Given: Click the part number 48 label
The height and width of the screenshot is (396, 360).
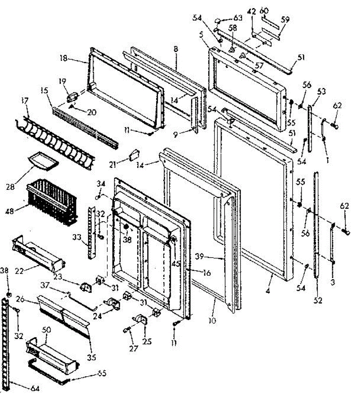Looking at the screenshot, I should click(10, 211).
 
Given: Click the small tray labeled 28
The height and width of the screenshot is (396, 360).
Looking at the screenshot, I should click(43, 161).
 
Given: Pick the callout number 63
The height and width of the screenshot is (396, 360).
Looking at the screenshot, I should click(238, 18).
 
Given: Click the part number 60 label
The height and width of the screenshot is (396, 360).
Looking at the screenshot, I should click(264, 11).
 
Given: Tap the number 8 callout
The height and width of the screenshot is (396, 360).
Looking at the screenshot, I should click(176, 49).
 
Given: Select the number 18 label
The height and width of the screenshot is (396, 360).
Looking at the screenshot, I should click(63, 58).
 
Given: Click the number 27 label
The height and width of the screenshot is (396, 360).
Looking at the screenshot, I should click(133, 348).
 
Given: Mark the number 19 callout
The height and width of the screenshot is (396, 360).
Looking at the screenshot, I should click(62, 81).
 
